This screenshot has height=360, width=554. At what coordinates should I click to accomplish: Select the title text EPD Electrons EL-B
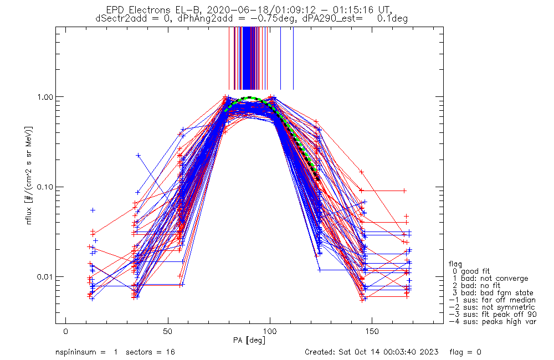click(151, 10)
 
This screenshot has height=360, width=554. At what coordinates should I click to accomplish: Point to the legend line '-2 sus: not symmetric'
click(492, 307)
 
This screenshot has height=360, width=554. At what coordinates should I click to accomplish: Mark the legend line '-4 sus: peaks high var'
click(493, 322)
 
